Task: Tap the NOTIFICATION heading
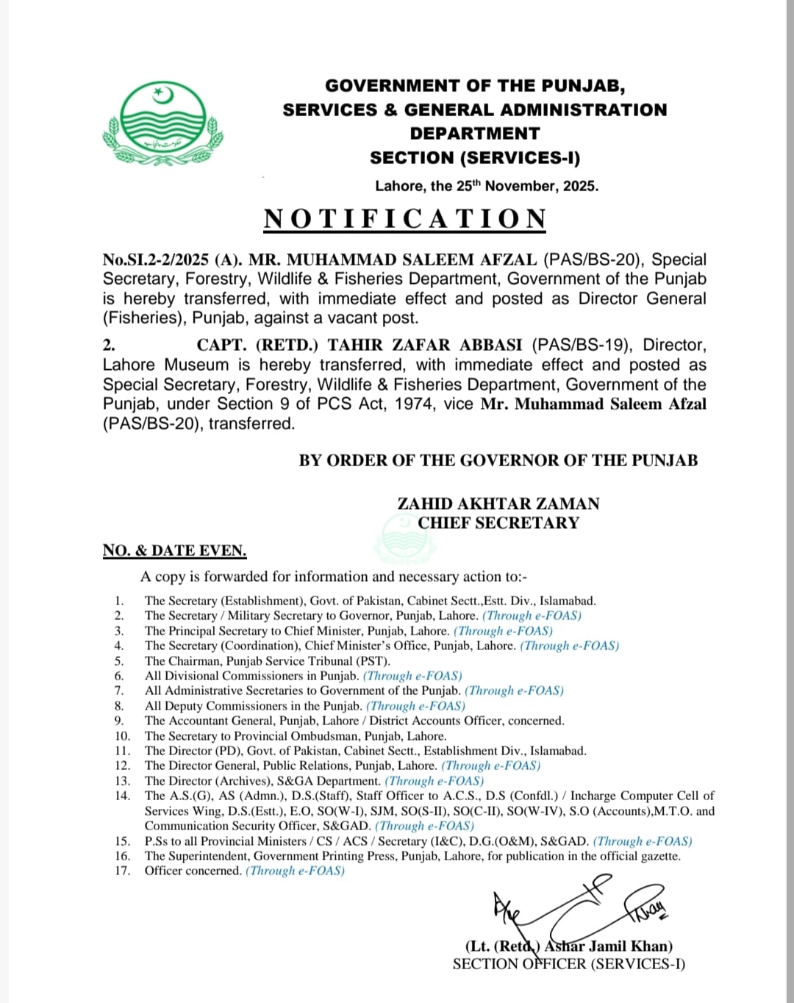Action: [x=405, y=219]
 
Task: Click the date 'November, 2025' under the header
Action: [x=541, y=186]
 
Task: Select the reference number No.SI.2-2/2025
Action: [x=156, y=260]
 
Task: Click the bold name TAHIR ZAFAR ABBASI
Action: [x=425, y=345]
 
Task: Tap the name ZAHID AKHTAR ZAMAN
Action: [x=498, y=504]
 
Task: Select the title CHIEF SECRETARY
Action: [x=498, y=523]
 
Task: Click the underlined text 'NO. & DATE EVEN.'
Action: [x=174, y=551]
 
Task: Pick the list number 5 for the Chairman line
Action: [x=119, y=661]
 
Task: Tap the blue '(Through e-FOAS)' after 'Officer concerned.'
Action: [x=295, y=871]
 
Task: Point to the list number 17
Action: [x=122, y=871]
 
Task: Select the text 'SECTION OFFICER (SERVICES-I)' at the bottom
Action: [x=568, y=964]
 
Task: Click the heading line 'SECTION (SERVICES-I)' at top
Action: [x=474, y=158]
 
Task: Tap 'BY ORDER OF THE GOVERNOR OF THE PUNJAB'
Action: [x=498, y=460]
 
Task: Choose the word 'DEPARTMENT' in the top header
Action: [x=474, y=134]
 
